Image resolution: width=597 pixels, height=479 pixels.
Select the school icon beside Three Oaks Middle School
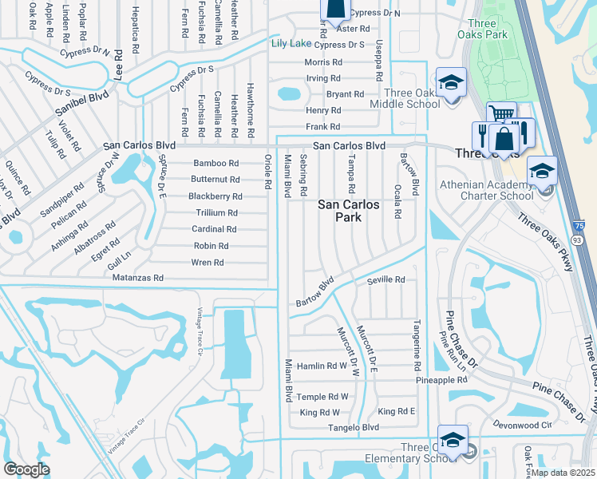[x=451, y=83]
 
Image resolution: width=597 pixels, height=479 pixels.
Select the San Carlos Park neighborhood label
[x=349, y=210]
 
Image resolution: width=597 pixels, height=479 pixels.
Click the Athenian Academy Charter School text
[x=487, y=190]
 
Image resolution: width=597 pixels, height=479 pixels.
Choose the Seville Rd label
[x=386, y=280]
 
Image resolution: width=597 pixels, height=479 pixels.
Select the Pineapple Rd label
[x=441, y=381]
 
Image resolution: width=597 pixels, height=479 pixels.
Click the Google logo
[x=26, y=469]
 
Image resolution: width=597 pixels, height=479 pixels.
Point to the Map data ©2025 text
[x=563, y=473]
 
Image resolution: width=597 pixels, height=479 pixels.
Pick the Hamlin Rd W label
[x=322, y=366]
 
